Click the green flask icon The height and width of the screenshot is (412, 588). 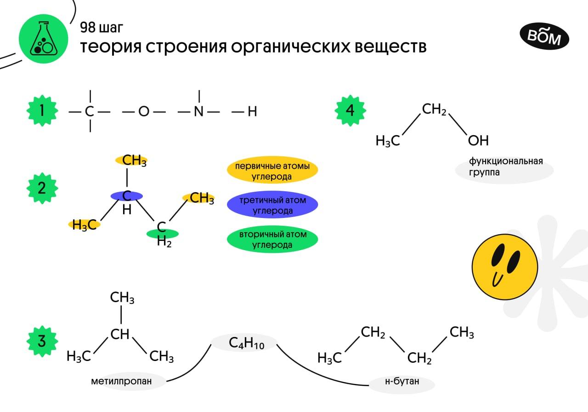tap(43, 39)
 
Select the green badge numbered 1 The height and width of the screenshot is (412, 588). tap(42, 111)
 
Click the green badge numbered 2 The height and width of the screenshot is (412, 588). tap(42, 188)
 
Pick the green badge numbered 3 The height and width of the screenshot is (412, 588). tap(42, 342)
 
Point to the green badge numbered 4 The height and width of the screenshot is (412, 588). tap(350, 111)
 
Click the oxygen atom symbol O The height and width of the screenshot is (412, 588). tap(144, 112)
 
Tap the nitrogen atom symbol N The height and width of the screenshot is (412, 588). tap(198, 112)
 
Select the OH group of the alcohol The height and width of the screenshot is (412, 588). tap(478, 140)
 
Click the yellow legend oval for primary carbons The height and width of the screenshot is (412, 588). tap(272, 171)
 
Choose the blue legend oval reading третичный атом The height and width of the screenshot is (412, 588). tap(272, 205)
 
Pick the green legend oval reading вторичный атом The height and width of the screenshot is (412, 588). tap(272, 240)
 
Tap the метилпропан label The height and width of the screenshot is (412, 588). tap(128, 381)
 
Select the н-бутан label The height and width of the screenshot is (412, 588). tap(402, 381)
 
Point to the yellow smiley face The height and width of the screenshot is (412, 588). tap(504, 269)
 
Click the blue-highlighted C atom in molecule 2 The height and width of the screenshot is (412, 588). tap(127, 196)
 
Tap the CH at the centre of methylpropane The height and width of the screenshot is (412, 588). tap(120, 334)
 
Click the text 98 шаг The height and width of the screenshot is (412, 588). tap(102, 28)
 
